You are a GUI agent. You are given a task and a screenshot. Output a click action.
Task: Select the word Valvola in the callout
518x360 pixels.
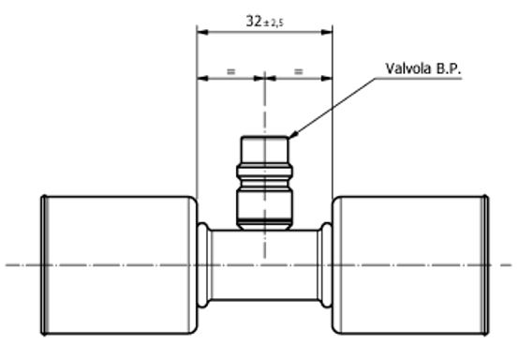(x=405, y=68)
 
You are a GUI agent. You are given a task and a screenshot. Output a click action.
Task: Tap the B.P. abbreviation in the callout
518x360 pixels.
(x=445, y=68)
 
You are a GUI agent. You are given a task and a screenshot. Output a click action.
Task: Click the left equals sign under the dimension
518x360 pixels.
(x=230, y=71)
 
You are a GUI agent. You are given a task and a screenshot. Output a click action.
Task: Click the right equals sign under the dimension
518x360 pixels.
(x=299, y=71)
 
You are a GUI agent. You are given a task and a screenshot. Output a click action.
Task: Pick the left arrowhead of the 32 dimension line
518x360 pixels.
(x=200, y=32)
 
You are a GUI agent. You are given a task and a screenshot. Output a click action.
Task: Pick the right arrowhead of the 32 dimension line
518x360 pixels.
(x=329, y=32)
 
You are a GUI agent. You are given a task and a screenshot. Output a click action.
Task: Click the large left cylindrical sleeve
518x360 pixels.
(x=117, y=264)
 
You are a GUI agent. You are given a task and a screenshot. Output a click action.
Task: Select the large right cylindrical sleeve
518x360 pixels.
(x=410, y=264)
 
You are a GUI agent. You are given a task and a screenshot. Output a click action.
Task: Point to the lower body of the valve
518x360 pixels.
(x=264, y=205)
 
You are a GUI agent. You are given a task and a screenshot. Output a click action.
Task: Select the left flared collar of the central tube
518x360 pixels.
(x=202, y=265)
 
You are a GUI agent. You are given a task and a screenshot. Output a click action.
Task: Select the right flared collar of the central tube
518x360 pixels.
(x=327, y=265)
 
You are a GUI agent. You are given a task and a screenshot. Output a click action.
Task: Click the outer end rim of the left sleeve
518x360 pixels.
(x=43, y=264)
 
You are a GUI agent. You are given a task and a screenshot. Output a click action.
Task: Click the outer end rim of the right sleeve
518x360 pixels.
(x=485, y=264)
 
